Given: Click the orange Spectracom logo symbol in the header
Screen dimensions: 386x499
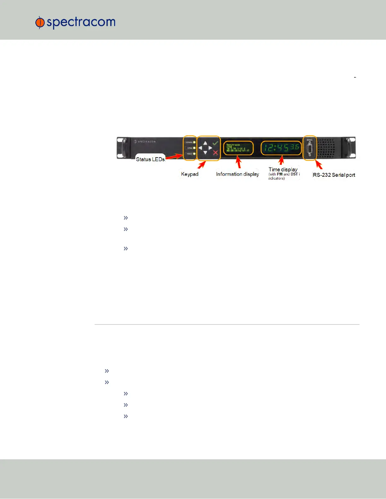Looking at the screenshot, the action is [40, 22].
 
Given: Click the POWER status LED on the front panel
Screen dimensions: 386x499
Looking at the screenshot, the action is [194, 142].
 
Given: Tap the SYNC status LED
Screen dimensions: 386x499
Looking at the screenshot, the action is [194, 148].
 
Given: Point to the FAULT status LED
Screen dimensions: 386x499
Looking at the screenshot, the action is [194, 154].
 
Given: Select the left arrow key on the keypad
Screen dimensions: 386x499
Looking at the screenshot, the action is [200, 148].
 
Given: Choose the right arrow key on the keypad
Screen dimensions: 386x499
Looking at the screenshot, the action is [210, 148].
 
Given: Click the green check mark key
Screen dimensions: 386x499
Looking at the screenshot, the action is [215, 143].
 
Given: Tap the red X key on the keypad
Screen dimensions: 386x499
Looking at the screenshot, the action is [215, 153].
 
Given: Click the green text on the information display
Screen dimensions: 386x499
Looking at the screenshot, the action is [237, 148].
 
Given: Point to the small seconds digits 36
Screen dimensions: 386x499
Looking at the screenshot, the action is [295, 147].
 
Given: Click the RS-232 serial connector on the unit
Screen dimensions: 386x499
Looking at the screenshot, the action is [309, 148].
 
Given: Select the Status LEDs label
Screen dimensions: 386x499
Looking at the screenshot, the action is [150, 159].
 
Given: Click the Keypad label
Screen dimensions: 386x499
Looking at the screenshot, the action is [190, 174].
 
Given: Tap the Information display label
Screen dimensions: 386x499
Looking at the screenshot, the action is [237, 174].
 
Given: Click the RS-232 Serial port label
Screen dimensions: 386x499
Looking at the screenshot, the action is [334, 175].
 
